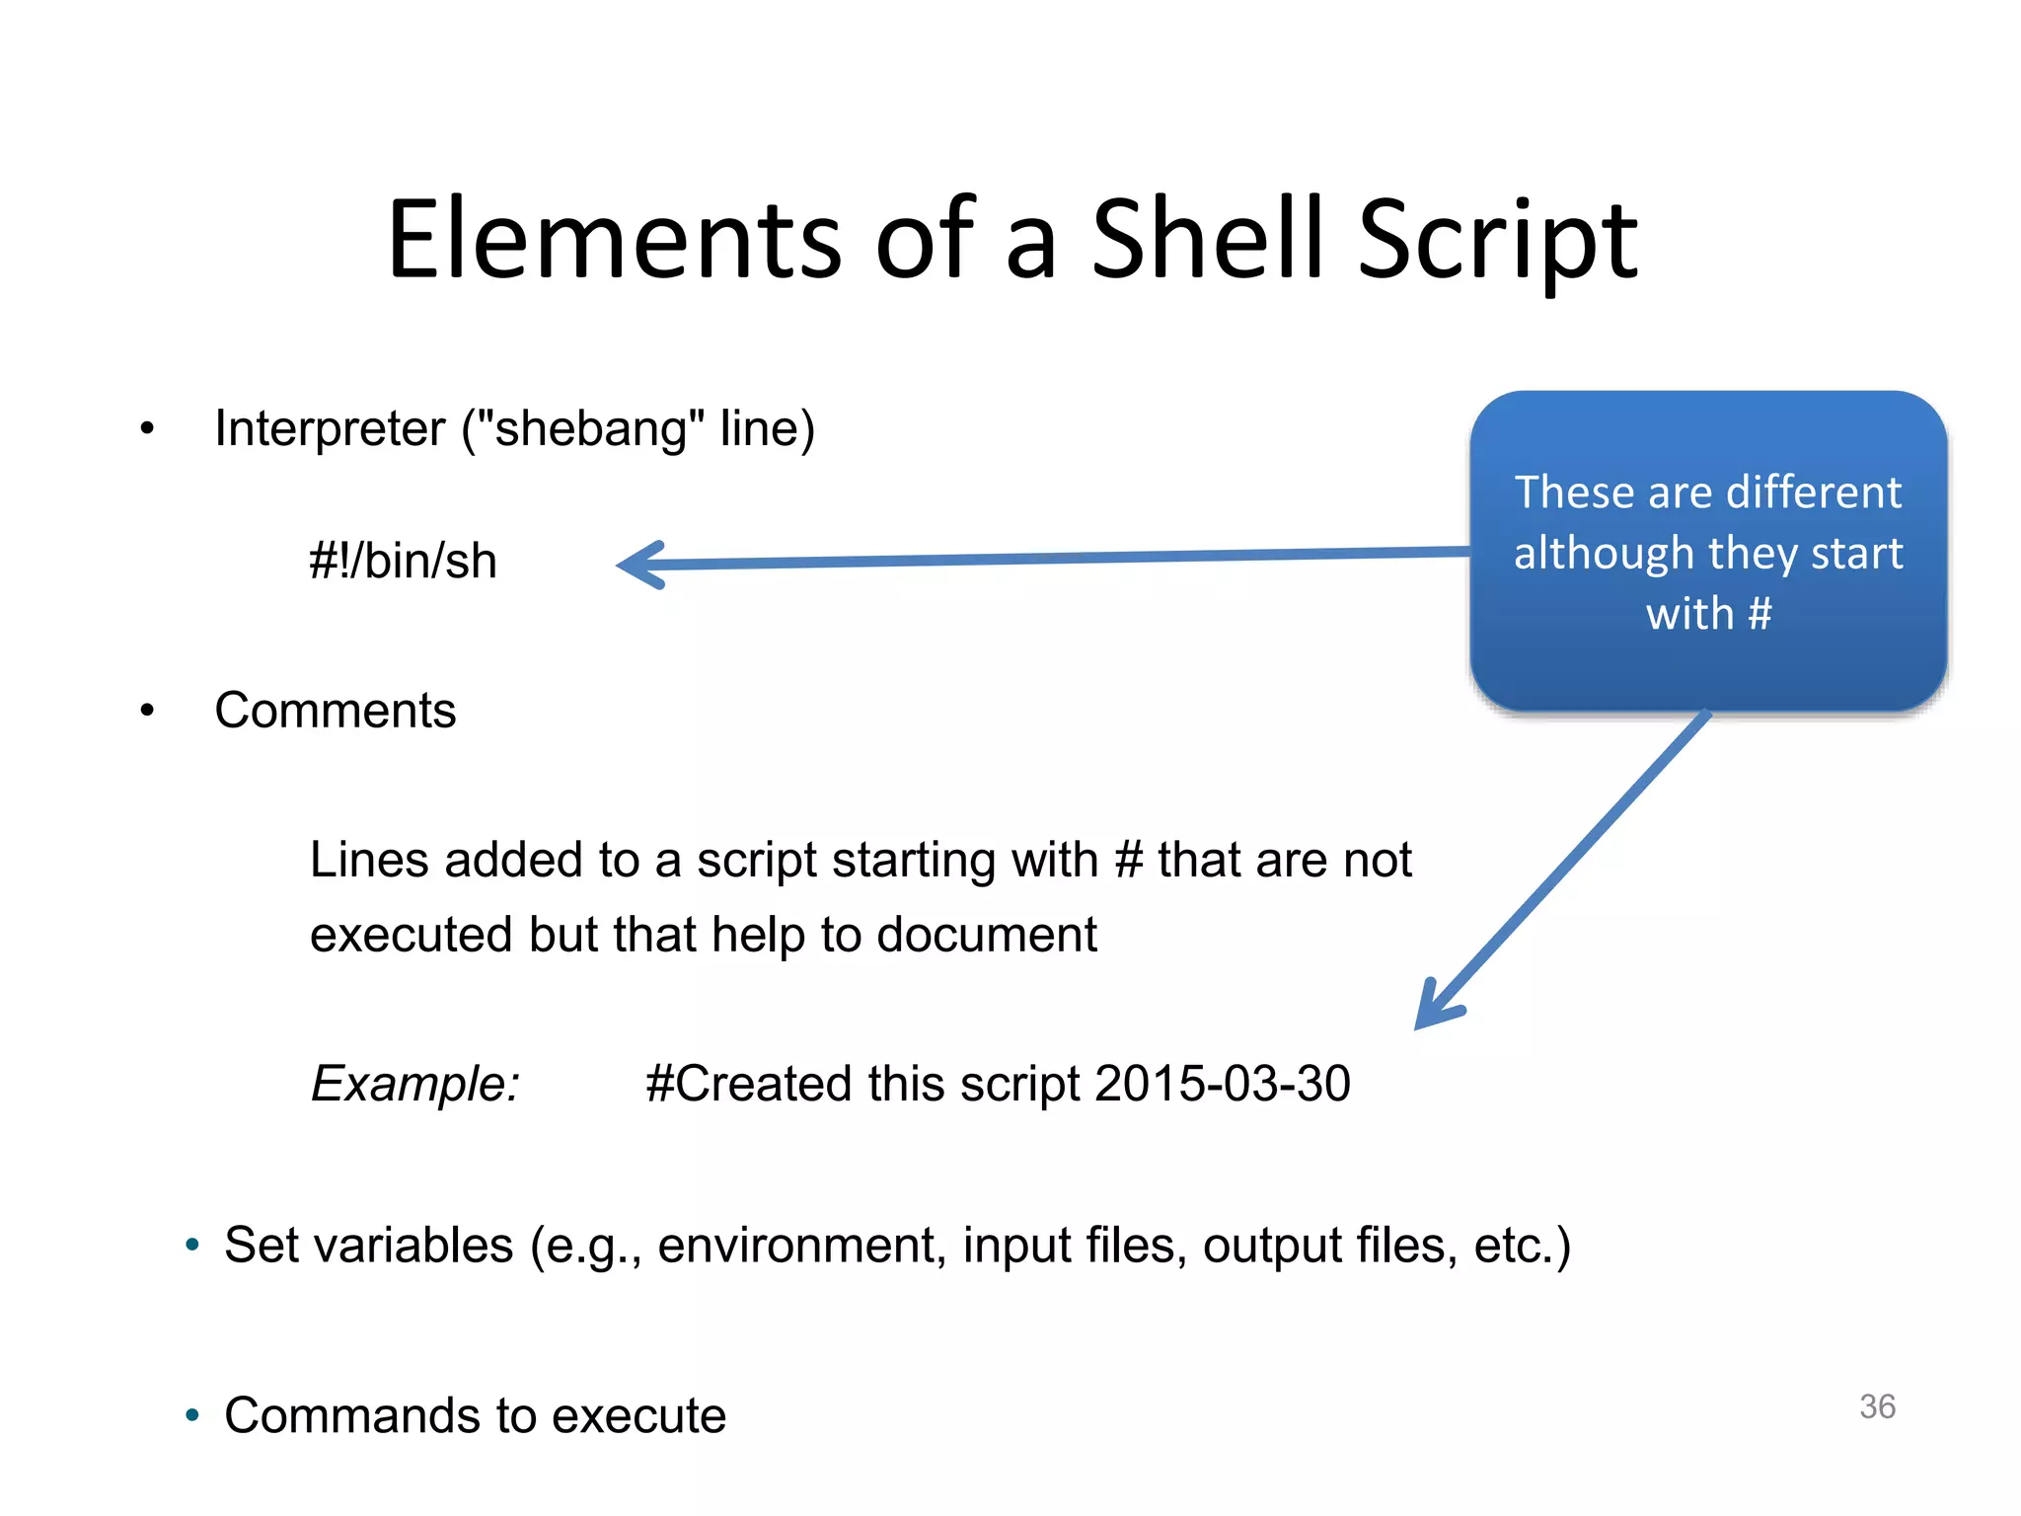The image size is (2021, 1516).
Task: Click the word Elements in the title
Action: (x=614, y=240)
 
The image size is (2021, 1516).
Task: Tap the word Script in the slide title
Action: (x=1497, y=242)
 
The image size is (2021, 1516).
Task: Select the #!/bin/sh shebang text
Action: (x=403, y=561)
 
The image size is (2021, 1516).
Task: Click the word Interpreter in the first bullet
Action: (x=330, y=429)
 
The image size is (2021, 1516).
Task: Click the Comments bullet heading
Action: (x=336, y=711)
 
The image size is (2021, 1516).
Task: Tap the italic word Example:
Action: (x=415, y=1084)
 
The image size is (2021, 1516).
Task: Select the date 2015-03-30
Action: (x=1222, y=1084)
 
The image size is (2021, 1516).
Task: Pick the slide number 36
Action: (x=1877, y=1406)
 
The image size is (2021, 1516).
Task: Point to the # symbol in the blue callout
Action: (x=1759, y=613)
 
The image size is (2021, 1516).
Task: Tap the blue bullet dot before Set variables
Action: (x=192, y=1246)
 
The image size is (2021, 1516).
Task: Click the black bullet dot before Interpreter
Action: (x=147, y=429)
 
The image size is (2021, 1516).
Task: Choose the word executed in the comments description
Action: (x=412, y=935)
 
